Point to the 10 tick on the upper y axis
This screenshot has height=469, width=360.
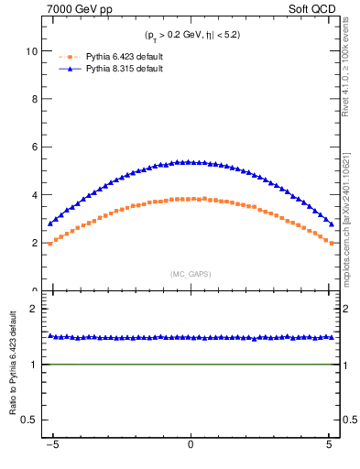click(36, 51)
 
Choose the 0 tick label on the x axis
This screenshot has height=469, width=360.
click(191, 450)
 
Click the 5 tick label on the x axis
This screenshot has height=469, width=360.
click(330, 450)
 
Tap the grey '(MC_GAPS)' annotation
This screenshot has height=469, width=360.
click(191, 274)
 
